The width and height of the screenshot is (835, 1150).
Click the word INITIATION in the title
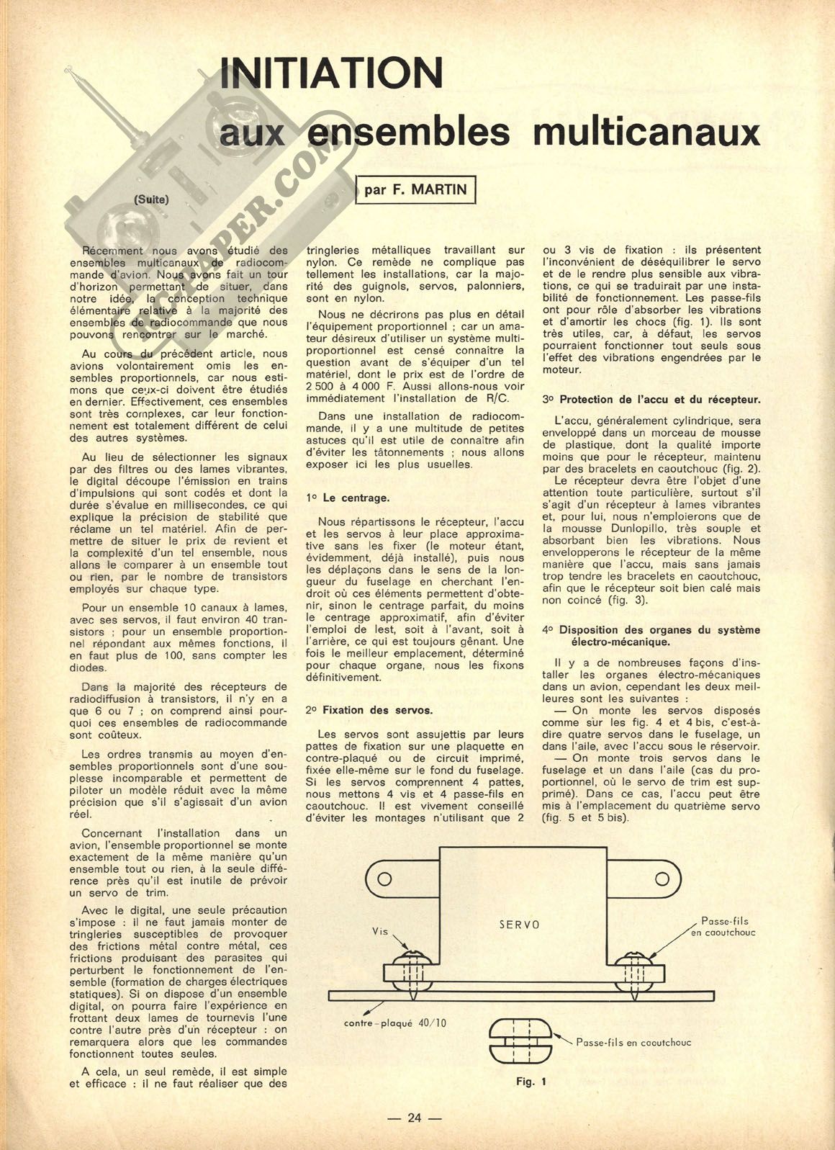330,73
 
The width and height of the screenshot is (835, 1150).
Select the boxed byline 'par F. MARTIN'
416,189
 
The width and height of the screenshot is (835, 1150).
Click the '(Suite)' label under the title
151,199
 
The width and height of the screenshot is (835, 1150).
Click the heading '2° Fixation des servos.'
369,710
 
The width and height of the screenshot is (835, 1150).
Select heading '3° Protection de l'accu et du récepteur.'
651,399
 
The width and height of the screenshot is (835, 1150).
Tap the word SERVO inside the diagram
519,925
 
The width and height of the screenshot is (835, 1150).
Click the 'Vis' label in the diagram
380,931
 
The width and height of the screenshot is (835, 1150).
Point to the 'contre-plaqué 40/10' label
394,1023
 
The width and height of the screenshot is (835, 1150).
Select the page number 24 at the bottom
414,1118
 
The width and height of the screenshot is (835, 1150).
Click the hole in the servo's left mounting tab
384,879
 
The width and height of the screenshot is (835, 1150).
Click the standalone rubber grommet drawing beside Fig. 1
520,1040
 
